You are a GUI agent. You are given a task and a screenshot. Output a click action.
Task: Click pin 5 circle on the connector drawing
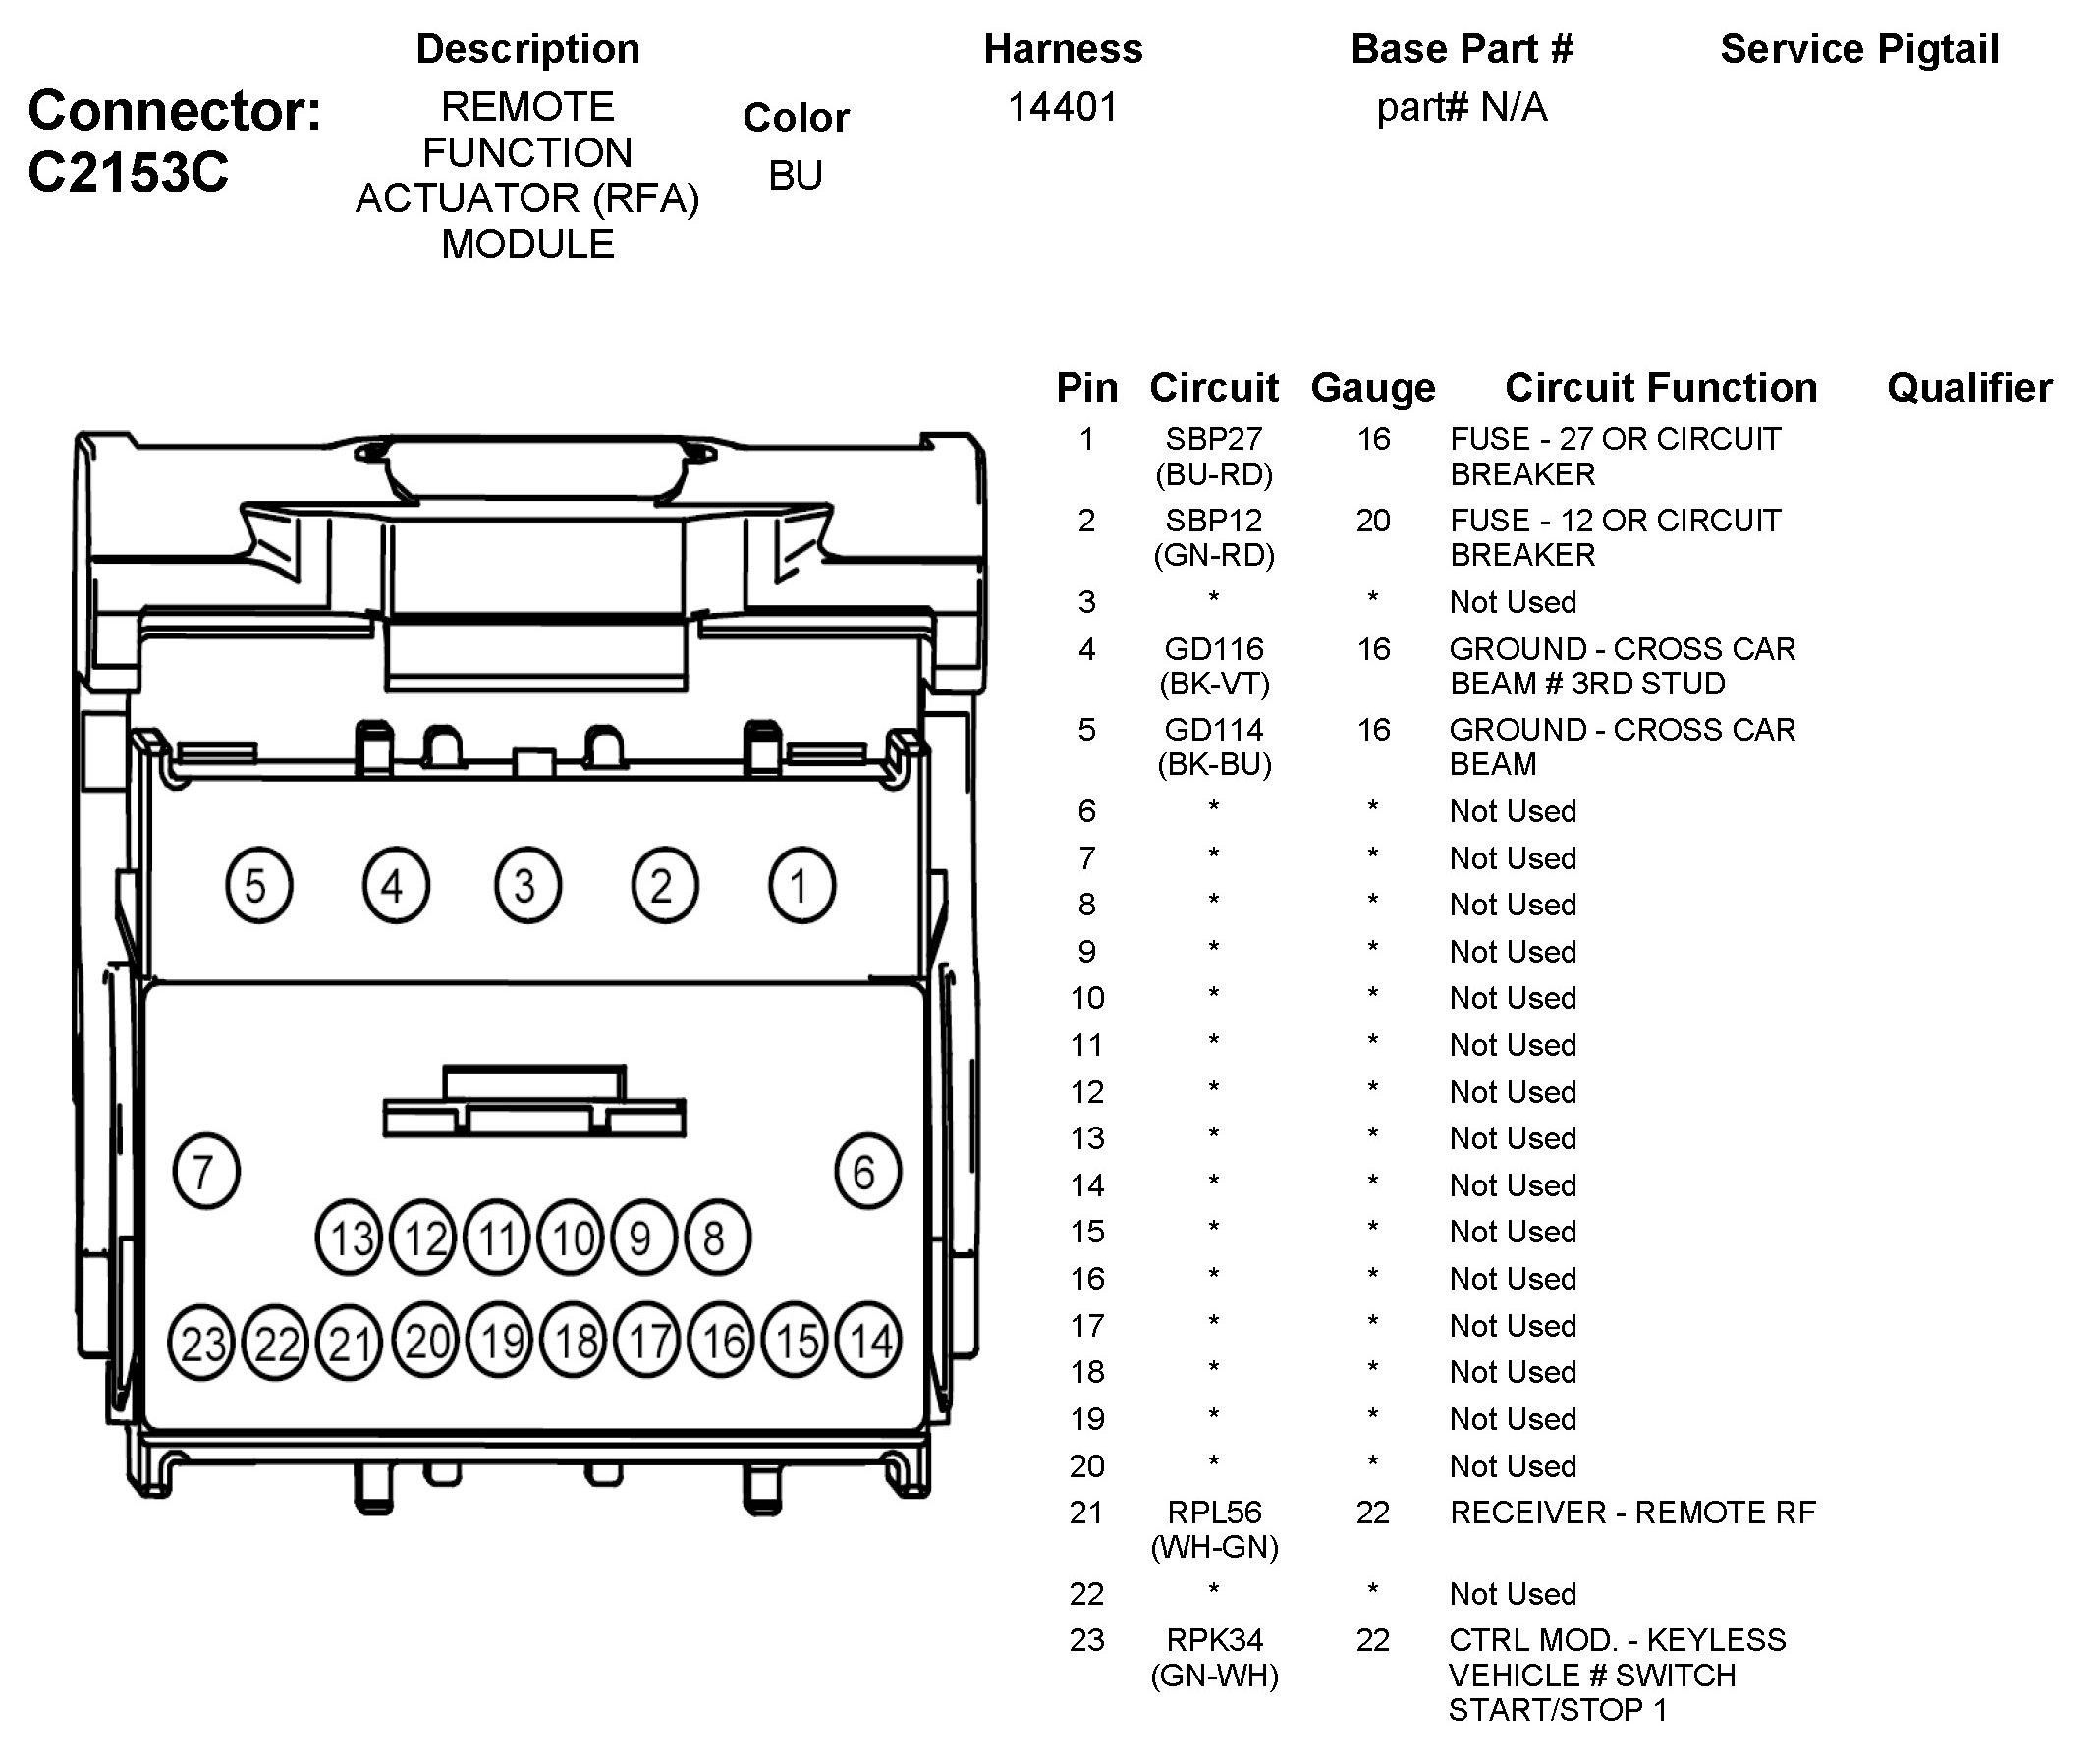click(257, 885)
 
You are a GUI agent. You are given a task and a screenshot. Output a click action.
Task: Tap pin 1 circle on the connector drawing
click(801, 885)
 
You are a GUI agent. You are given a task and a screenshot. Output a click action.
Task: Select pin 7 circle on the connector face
click(206, 1171)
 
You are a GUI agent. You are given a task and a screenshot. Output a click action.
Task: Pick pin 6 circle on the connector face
click(867, 1171)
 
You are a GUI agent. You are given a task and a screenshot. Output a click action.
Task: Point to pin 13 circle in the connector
click(350, 1238)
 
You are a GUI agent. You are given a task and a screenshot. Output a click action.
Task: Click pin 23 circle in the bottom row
click(201, 1343)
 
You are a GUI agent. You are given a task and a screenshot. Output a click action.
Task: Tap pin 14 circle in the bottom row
click(869, 1341)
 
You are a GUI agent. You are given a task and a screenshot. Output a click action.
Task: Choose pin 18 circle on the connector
click(576, 1341)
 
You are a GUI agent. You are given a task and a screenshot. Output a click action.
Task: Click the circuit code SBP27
click(1214, 438)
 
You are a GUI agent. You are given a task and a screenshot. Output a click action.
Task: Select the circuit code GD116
click(1214, 649)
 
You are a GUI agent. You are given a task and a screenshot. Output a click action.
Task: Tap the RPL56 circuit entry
click(1214, 1512)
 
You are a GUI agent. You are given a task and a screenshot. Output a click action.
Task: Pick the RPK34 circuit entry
click(1214, 1640)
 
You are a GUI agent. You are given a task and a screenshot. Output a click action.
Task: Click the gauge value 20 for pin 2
click(1373, 521)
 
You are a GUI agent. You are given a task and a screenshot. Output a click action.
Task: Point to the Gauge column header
click(1373, 388)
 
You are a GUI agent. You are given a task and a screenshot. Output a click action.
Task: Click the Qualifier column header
click(1969, 388)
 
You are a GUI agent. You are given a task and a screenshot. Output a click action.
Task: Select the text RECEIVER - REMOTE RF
click(1632, 1512)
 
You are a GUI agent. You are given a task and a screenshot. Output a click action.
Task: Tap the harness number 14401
click(1063, 107)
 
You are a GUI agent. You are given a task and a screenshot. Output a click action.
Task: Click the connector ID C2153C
click(128, 172)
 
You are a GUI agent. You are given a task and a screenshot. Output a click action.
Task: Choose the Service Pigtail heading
click(1859, 49)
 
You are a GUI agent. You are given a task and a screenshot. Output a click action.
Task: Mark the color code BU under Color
click(796, 176)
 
